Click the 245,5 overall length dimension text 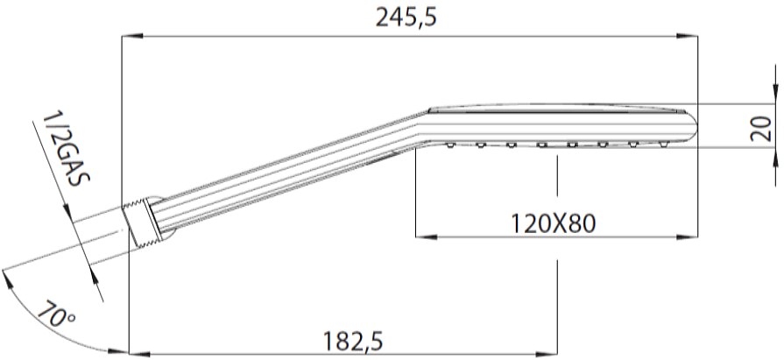click(405, 18)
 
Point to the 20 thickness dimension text click(760, 130)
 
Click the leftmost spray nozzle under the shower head click(450, 145)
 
